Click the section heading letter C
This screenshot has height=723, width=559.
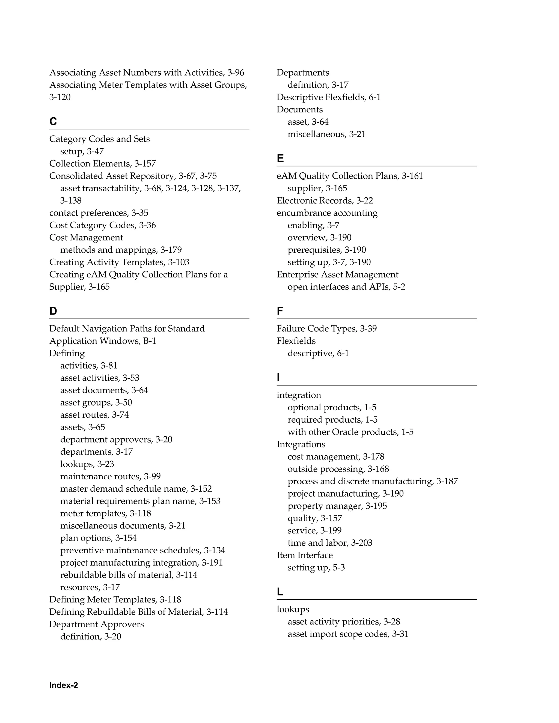53,121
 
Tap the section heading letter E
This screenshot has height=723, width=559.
280,158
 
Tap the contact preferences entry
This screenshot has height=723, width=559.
89,213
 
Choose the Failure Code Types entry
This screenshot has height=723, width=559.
317,328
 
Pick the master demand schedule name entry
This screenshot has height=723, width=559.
124,489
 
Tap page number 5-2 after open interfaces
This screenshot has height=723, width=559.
399,287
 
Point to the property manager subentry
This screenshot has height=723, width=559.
325,506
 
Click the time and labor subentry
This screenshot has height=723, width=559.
318,543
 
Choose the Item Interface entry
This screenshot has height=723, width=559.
305,555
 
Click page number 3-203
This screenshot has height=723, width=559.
362,543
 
